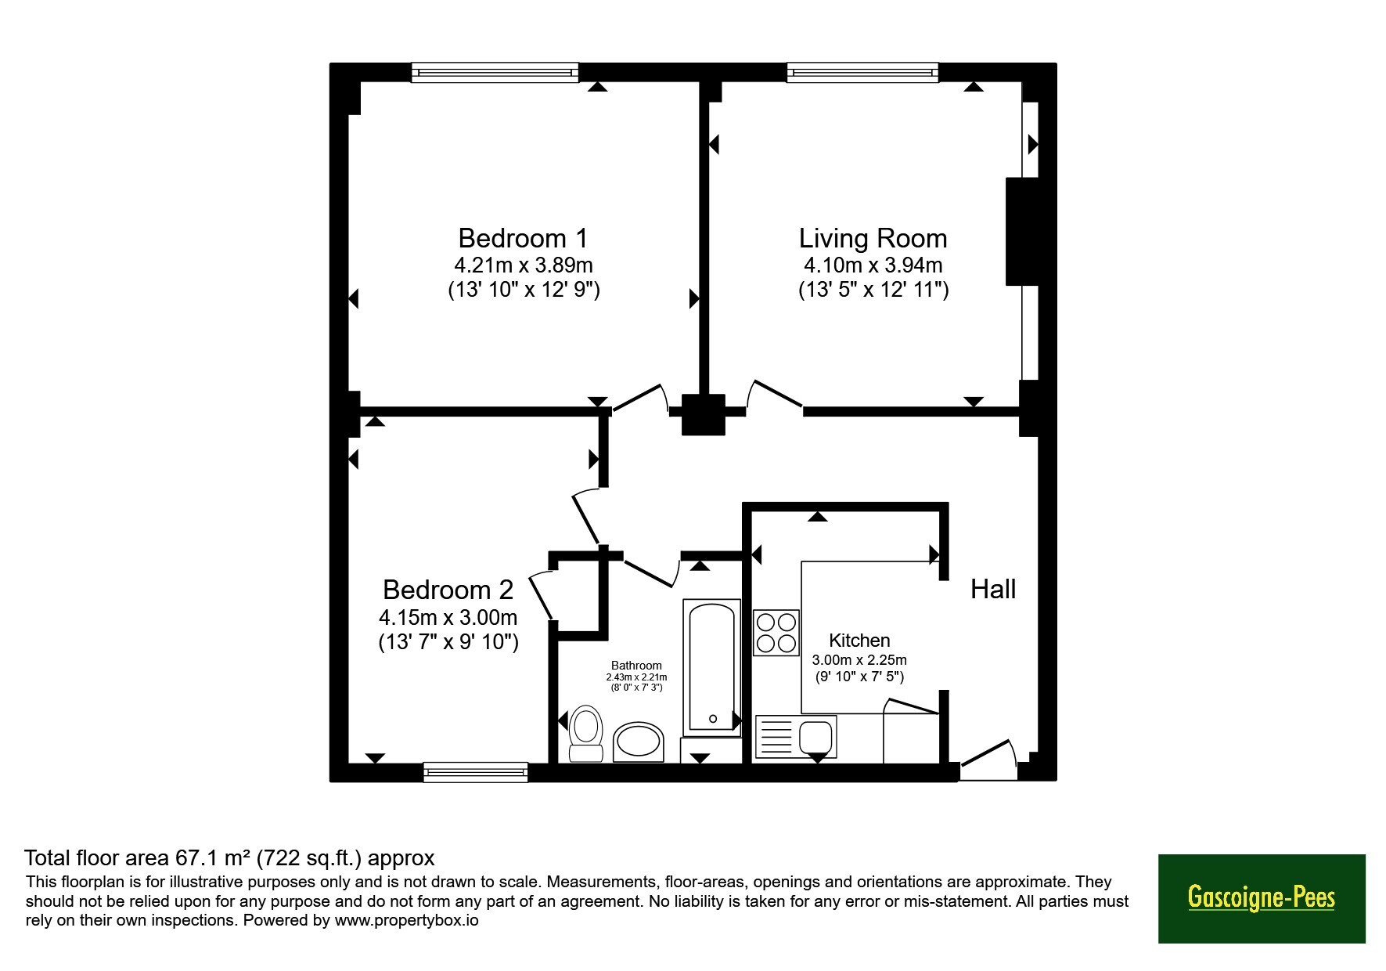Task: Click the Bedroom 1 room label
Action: [523, 238]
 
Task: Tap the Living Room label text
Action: [873, 239]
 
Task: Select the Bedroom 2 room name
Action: [448, 589]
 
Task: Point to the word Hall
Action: [993, 589]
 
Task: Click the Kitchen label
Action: [859, 641]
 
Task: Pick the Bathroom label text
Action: [636, 666]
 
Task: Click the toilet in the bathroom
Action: [585, 734]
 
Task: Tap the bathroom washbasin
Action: [638, 742]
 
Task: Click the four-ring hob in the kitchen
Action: [776, 633]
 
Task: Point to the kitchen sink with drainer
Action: [795, 737]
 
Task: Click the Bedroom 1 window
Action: [495, 73]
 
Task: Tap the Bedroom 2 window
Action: [476, 772]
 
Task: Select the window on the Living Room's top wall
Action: [862, 73]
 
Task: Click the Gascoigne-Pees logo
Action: [1262, 898]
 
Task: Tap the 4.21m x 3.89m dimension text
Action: [524, 265]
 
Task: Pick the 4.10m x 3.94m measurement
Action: [873, 265]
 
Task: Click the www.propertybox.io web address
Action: [407, 921]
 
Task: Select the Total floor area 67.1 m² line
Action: [229, 858]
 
